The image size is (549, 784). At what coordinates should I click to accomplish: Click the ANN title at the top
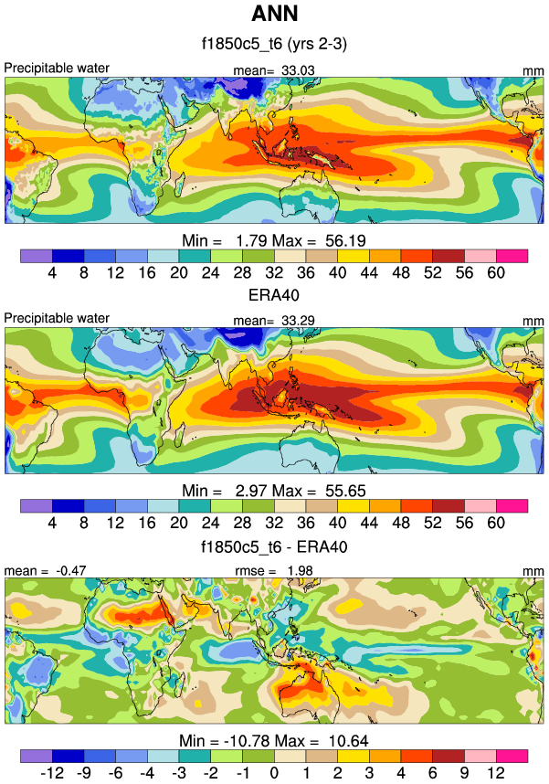click(x=273, y=16)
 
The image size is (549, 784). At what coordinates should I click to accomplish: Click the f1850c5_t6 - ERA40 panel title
click(x=273, y=546)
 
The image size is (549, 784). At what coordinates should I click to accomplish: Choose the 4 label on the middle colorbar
click(x=51, y=523)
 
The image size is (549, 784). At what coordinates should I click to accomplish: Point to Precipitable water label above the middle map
click(x=57, y=318)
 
